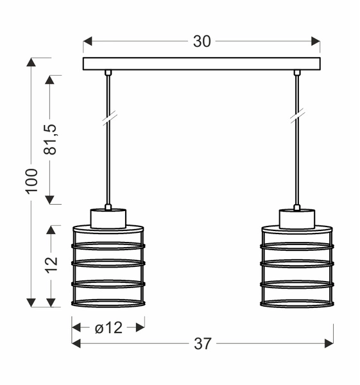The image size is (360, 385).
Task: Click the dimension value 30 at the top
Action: [x=201, y=42]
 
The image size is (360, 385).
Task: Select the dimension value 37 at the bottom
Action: [x=202, y=344]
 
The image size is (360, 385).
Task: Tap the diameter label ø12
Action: [x=108, y=327]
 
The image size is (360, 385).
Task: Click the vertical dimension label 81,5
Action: [x=51, y=139]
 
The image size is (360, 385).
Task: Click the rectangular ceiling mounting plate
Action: [x=201, y=64]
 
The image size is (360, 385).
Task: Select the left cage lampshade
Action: [x=108, y=266]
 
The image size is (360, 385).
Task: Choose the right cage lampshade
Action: [x=296, y=266]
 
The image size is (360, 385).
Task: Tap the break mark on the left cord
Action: [x=108, y=117]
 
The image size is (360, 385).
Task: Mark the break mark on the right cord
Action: [x=297, y=117]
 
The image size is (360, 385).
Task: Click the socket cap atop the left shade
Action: [x=108, y=218]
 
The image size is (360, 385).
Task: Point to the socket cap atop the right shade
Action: [x=296, y=218]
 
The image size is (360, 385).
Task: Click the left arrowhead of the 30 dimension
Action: [x=88, y=42]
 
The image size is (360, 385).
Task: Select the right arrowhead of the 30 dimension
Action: [x=315, y=42]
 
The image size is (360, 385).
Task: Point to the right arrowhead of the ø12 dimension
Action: [x=139, y=327]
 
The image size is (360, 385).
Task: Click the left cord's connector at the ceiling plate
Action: [x=108, y=73]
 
